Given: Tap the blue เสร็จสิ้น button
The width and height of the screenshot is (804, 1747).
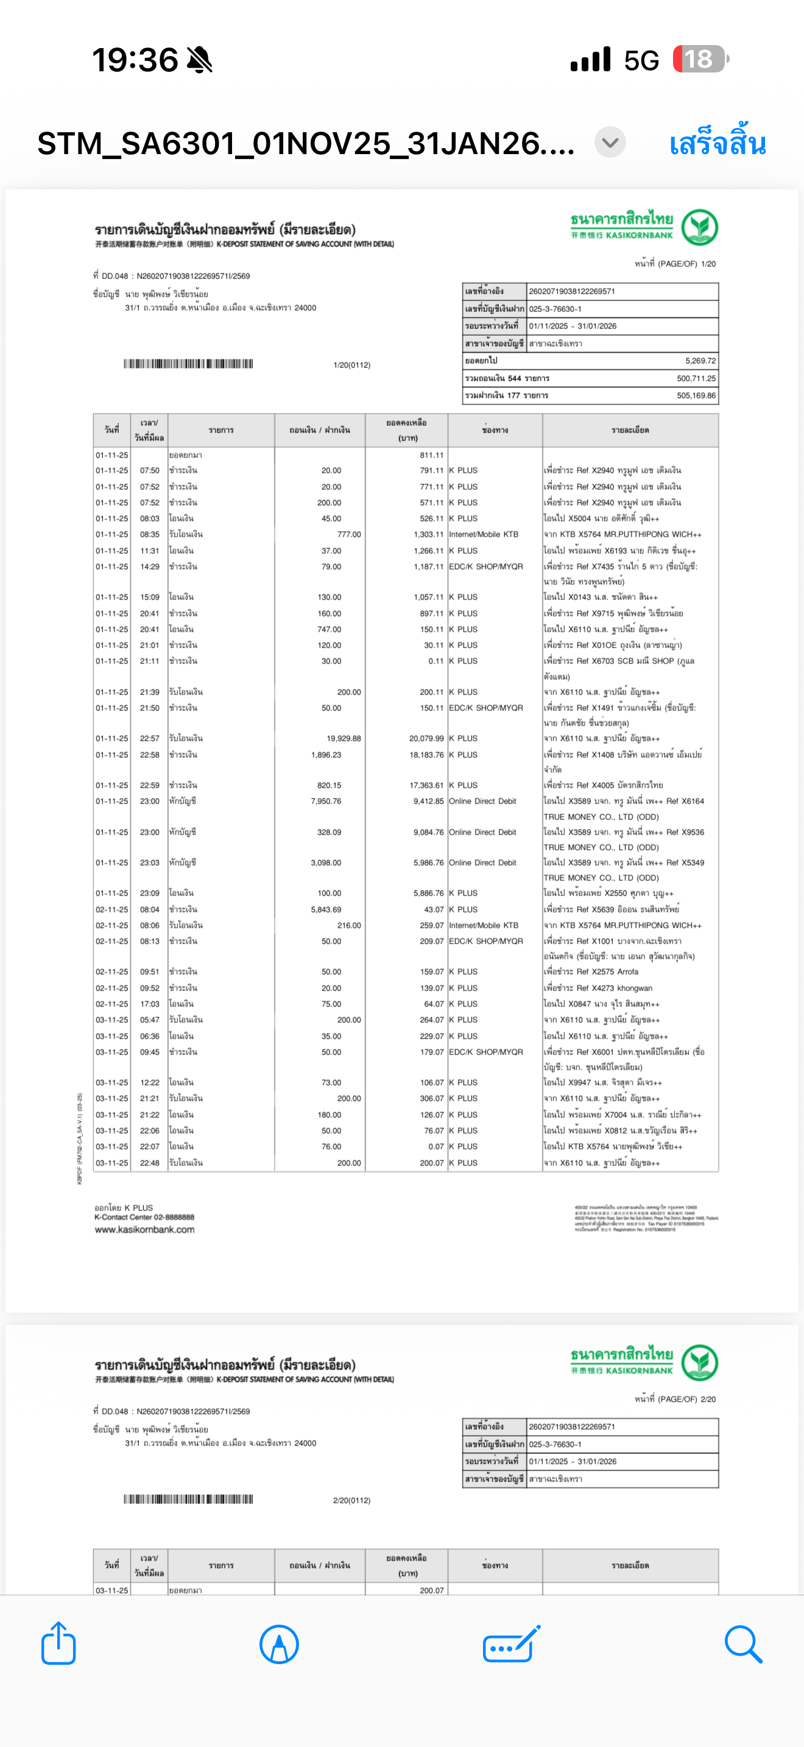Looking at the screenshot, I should (x=718, y=144).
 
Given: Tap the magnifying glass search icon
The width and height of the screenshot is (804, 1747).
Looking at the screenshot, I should (x=743, y=1643).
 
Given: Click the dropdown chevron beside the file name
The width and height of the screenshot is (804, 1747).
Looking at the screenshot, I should (x=610, y=143).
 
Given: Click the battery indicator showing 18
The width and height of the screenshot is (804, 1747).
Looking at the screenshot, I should (x=700, y=60).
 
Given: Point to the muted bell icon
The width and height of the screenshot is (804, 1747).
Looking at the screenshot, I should (x=199, y=60).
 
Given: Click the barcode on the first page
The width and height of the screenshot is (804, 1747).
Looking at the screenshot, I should (x=188, y=364).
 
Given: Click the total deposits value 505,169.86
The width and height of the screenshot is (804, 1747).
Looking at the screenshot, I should (x=696, y=395).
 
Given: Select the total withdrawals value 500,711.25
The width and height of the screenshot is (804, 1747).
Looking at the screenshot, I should (x=696, y=378).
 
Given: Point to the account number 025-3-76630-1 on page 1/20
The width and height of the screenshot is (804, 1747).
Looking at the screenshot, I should (x=555, y=309).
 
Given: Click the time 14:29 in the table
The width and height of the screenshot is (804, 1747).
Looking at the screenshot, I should (x=150, y=566).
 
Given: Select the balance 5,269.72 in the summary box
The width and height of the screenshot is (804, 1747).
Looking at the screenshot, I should (x=700, y=361).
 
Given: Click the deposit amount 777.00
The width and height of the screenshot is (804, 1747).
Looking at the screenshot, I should (x=349, y=534).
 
